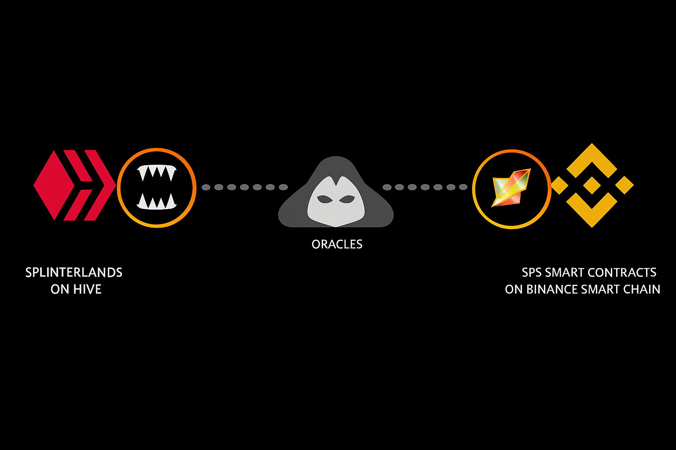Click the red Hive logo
(x=74, y=185)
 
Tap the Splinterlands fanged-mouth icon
(x=157, y=188)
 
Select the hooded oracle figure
(x=336, y=193)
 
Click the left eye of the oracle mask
(x=325, y=199)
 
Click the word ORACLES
(x=337, y=244)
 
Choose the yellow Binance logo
(x=592, y=185)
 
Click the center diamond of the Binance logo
(x=592, y=185)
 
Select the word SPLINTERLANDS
(x=74, y=272)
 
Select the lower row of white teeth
(x=157, y=202)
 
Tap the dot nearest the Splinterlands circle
(x=206, y=187)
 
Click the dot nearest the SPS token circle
(x=463, y=187)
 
